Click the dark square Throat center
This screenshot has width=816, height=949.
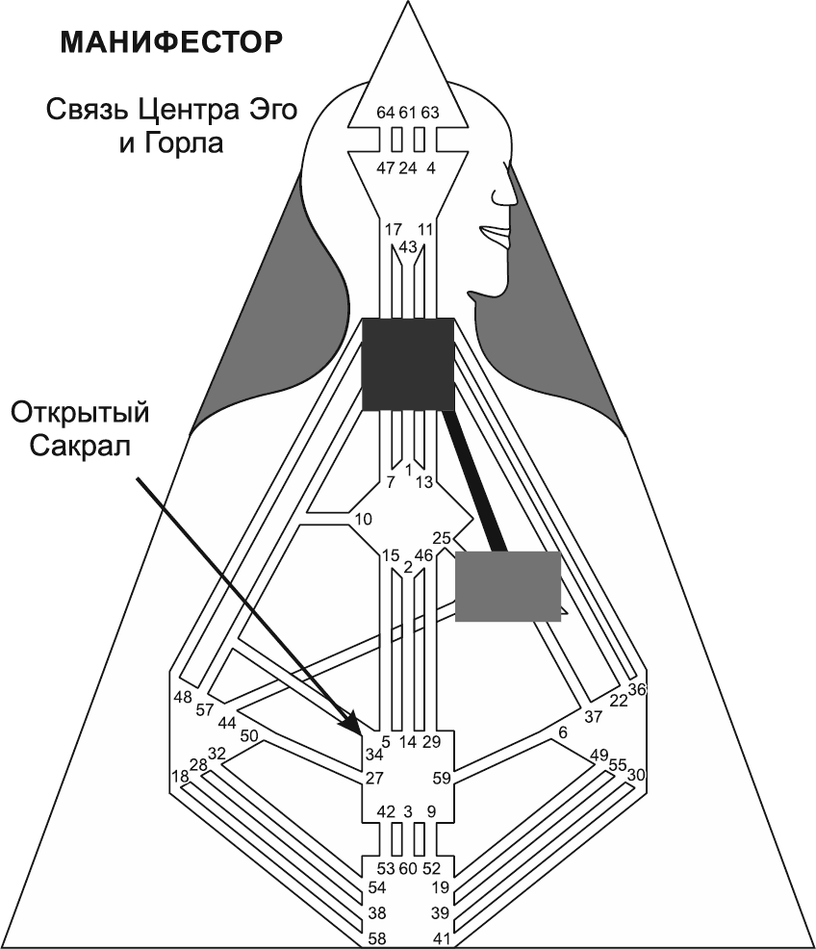point(407,365)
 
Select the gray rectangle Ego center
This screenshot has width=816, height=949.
point(507,586)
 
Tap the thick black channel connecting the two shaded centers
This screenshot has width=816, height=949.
point(476,481)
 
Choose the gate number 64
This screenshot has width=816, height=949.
point(386,113)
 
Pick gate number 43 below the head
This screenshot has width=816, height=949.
point(407,247)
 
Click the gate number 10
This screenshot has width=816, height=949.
point(363,520)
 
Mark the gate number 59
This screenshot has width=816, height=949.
point(441,778)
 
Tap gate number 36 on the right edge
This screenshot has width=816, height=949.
point(636,689)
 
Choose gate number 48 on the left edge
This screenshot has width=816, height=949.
point(183,697)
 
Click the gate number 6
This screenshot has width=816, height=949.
point(563,733)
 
